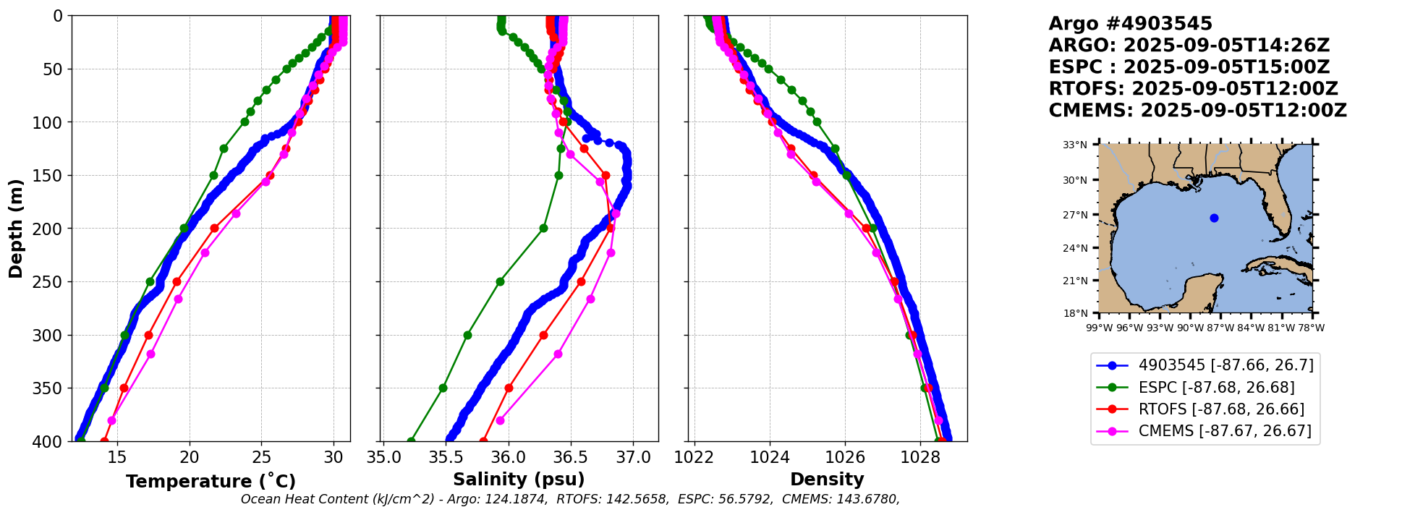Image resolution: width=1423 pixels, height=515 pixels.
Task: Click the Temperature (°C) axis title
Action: point(211,482)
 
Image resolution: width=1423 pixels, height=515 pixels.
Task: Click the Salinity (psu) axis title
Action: point(519,480)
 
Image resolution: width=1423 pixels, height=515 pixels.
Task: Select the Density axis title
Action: point(827,480)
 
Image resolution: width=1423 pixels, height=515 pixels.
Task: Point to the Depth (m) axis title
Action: point(16,228)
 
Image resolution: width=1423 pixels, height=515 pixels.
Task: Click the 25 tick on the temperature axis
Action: point(261,457)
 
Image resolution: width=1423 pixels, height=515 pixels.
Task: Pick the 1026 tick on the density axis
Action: point(845,457)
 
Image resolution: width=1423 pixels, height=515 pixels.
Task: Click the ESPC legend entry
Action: point(1216,388)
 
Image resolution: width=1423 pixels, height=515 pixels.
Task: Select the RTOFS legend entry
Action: point(1221,409)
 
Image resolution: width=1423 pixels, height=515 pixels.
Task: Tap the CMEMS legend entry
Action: point(1225,431)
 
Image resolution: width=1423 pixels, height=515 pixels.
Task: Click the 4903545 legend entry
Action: point(1226,365)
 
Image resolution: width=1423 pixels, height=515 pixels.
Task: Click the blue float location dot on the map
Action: point(1214,218)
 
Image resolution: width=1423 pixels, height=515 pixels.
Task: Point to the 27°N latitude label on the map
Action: point(1075,215)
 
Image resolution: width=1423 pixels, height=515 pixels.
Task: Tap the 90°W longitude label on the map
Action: point(1190,328)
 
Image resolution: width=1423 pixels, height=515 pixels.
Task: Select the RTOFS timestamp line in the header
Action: point(1193,89)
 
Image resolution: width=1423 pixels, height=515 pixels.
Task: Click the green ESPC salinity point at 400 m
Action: point(411,440)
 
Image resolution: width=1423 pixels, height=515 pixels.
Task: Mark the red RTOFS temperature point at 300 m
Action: point(148,335)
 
